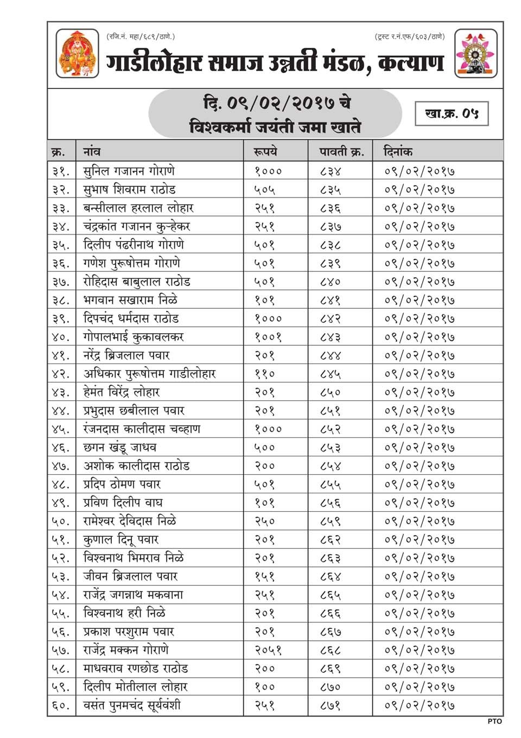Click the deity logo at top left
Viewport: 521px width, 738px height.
click(x=77, y=54)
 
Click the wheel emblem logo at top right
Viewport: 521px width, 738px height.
click(x=475, y=54)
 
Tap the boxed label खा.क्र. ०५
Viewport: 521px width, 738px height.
click(x=452, y=113)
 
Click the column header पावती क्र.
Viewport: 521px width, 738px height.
click(x=341, y=151)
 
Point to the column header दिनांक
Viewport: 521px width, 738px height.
click(x=398, y=151)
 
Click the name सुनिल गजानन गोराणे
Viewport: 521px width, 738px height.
click(x=129, y=171)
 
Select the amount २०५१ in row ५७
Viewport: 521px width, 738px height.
click(x=268, y=650)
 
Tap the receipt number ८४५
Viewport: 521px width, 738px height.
click(x=330, y=374)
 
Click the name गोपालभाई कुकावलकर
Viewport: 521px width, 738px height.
click(x=134, y=337)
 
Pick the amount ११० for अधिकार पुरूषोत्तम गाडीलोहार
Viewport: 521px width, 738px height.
click(x=265, y=374)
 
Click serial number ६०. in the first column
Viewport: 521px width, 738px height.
click(x=61, y=705)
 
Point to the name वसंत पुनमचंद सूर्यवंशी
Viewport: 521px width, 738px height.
click(x=132, y=705)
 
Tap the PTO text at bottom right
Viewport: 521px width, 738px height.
click(x=494, y=721)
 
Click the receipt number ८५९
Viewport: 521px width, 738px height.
click(x=330, y=521)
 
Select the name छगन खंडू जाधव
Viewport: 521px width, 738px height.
click(x=120, y=448)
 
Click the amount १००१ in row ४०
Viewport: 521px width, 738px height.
click(x=268, y=337)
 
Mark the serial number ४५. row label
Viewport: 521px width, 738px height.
click(x=61, y=429)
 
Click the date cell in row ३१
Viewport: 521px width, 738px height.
click(x=420, y=171)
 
